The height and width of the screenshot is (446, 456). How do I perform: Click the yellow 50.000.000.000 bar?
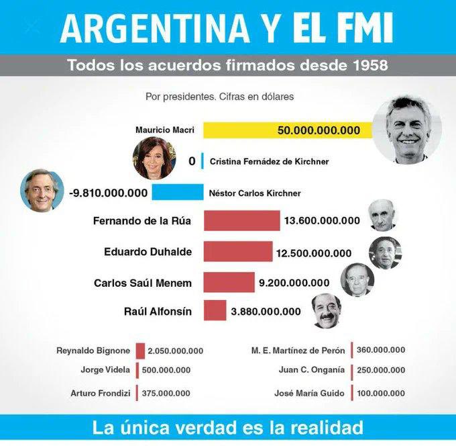point(288,130)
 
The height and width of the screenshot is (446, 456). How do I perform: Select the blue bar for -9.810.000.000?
point(177,193)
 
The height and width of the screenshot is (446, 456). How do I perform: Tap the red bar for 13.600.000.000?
point(241,220)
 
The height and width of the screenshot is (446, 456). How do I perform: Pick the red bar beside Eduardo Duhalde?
point(237,252)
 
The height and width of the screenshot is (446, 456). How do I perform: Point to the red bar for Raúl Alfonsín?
point(215,310)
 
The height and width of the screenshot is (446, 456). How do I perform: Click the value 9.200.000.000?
point(294,283)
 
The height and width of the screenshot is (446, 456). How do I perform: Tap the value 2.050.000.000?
point(175,351)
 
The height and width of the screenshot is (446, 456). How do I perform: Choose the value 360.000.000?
point(380,350)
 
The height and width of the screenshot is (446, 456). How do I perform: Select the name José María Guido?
point(309,394)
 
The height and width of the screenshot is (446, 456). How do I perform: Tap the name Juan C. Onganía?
point(311,370)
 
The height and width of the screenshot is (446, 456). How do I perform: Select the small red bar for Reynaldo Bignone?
point(140,351)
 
